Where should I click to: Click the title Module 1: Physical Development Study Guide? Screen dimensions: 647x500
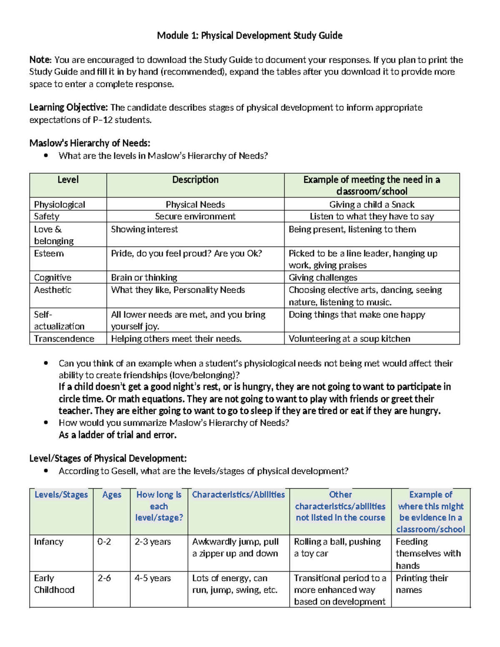coord(250,35)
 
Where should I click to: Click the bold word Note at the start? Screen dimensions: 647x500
coord(40,60)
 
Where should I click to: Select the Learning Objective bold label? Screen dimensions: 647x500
coord(68,107)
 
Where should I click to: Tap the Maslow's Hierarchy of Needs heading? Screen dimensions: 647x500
coord(90,143)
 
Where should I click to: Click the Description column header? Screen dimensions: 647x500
coord(195,180)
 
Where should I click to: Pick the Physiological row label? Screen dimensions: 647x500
coord(60,205)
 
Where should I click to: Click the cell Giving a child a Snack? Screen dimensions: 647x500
coord(372,205)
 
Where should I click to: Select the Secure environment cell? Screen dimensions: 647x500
coord(195,216)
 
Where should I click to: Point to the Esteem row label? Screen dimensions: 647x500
coord(49,253)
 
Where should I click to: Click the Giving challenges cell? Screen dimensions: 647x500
coord(323,277)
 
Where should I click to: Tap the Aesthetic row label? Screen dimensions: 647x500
coord(52,290)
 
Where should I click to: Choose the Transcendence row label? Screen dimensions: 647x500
coord(64,339)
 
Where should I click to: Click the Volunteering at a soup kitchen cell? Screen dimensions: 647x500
coord(349,339)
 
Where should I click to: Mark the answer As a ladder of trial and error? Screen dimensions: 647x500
coord(117,435)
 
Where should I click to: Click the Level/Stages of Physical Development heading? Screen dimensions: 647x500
coord(108,459)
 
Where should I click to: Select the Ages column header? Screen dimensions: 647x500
coord(112,495)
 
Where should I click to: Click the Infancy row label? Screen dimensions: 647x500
coord(49,542)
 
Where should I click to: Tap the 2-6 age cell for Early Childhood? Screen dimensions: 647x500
coord(104,578)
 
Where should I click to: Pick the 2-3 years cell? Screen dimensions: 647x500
coord(152,542)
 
